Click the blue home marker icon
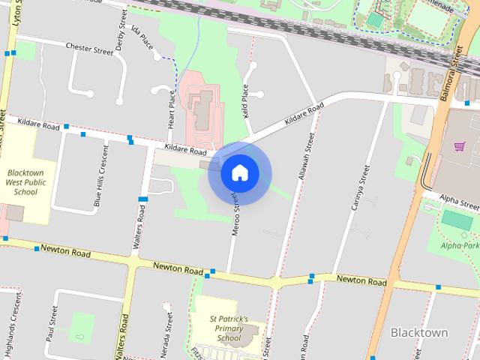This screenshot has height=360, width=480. pos(239,173)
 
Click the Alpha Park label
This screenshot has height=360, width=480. pos(459,245)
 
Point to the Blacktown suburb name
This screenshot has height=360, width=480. pos(419,332)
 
